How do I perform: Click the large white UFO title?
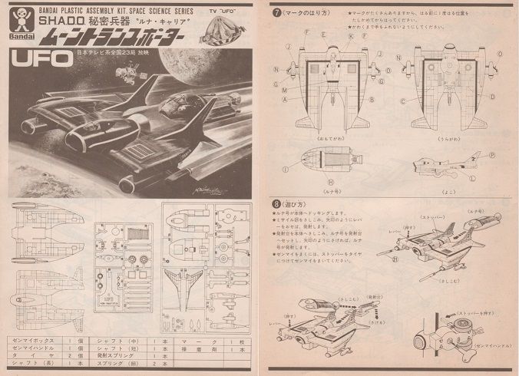[x=37, y=60]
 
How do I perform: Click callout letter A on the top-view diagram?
[x=285, y=99]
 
